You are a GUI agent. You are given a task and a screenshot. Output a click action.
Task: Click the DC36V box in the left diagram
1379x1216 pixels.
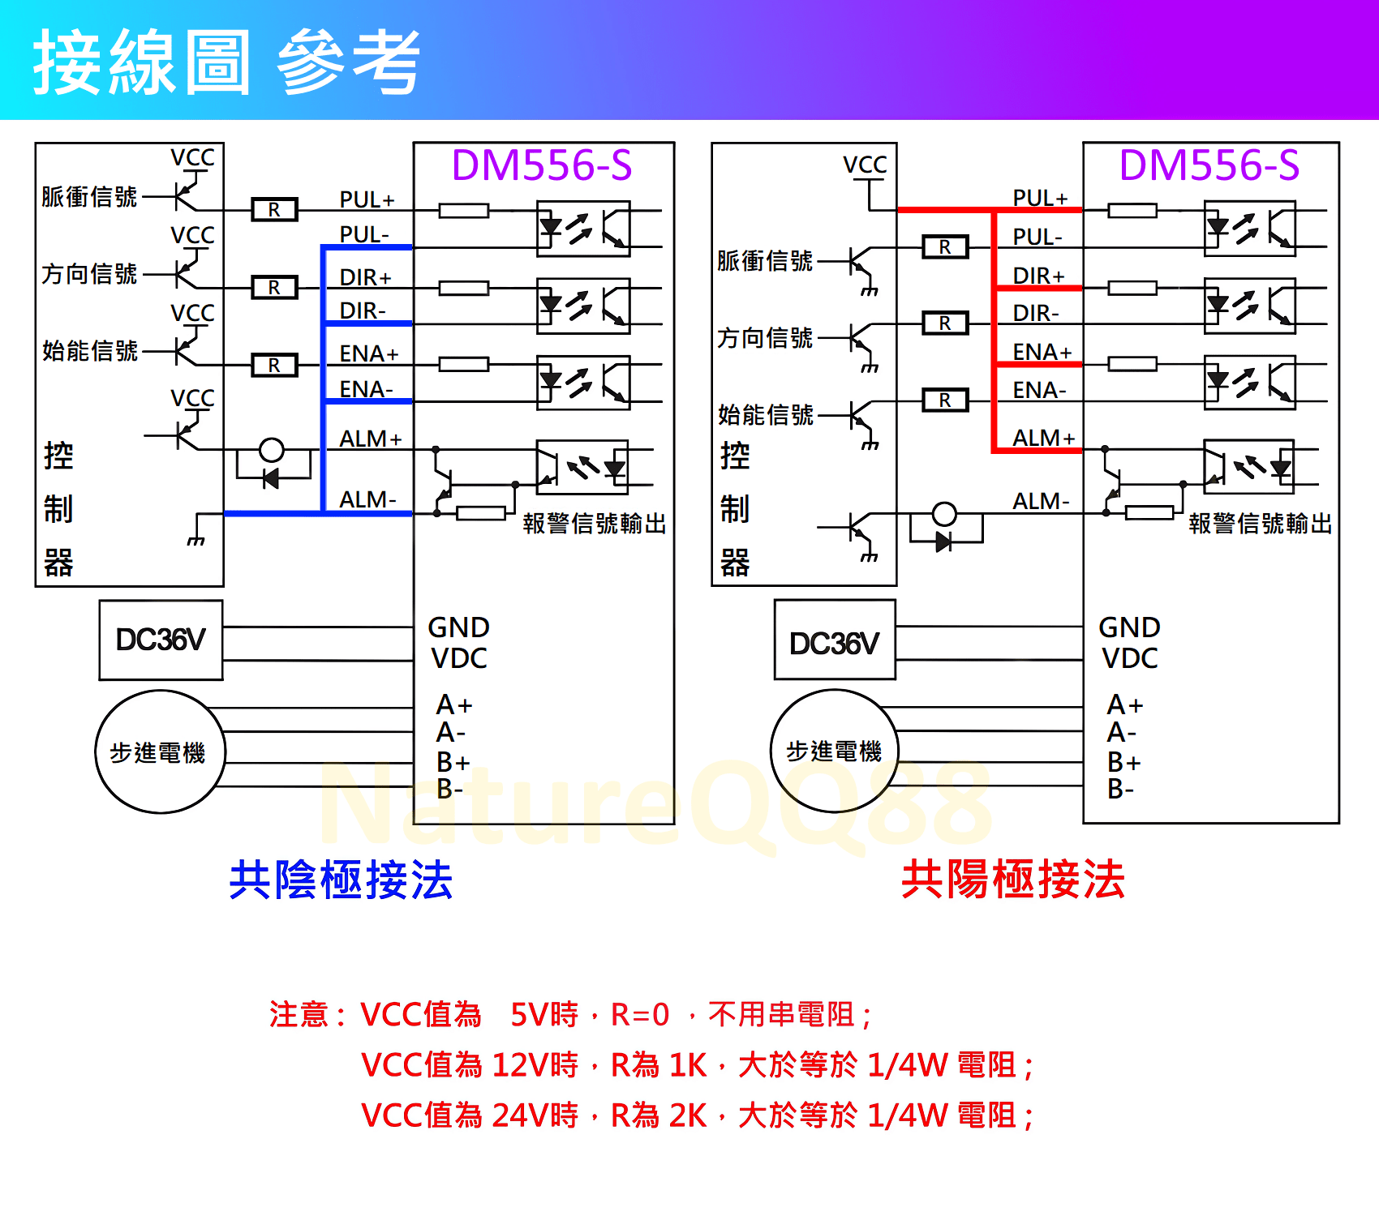click(161, 640)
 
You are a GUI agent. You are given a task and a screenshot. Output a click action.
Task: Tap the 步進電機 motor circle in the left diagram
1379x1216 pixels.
click(159, 752)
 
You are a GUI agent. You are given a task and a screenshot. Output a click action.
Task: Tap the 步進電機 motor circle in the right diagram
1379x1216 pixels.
click(834, 751)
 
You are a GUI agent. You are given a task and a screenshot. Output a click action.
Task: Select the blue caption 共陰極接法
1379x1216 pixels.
click(341, 880)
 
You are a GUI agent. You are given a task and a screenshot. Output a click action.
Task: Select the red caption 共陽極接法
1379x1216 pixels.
click(1013, 880)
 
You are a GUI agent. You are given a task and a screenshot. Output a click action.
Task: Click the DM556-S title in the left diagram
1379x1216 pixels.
click(542, 165)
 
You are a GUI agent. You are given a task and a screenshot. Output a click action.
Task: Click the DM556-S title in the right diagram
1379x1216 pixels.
click(1209, 165)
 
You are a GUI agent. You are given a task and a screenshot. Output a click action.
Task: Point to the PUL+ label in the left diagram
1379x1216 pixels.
click(367, 199)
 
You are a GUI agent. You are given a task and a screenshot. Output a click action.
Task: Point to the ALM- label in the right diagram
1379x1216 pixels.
click(1041, 502)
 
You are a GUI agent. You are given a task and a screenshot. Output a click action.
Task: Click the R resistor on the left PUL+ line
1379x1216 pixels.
click(274, 210)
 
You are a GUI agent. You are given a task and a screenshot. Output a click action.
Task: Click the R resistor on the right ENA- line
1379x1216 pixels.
click(945, 400)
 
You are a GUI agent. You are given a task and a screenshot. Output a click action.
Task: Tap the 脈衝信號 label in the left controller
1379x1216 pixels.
click(89, 197)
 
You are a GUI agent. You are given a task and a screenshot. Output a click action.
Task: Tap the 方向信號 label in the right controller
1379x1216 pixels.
click(764, 338)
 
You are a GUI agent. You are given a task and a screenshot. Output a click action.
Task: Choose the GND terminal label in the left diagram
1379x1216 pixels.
click(458, 627)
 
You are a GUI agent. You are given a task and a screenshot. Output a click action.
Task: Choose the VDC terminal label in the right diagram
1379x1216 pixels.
click(1129, 658)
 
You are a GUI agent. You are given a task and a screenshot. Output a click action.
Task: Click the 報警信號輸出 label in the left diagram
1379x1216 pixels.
click(595, 524)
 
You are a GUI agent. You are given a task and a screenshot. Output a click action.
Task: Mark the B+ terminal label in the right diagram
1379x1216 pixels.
click(1123, 762)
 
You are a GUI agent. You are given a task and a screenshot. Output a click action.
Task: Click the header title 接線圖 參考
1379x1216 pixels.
click(227, 62)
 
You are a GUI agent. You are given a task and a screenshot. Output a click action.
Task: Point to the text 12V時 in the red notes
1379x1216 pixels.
click(535, 1065)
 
